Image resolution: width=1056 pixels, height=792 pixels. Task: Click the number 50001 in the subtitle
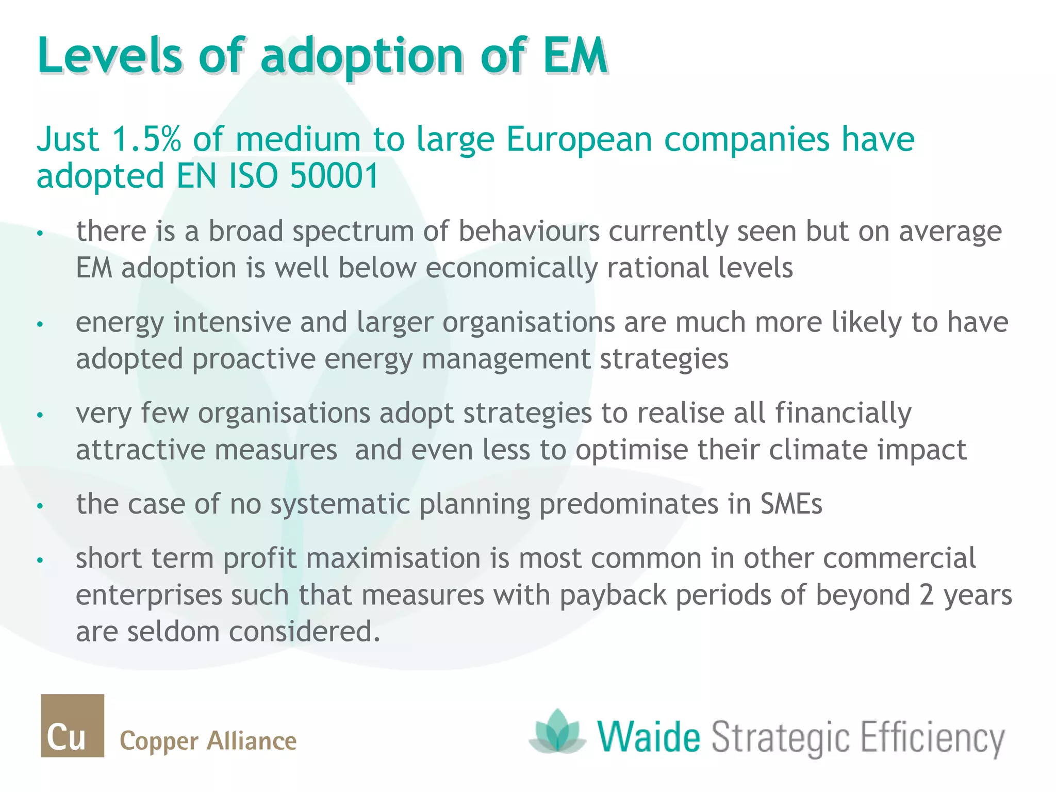click(335, 176)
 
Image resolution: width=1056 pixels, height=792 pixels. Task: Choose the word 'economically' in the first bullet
click(511, 268)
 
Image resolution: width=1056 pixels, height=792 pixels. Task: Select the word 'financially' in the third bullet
click(843, 414)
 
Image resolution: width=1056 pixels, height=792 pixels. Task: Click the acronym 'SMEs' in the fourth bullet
click(791, 504)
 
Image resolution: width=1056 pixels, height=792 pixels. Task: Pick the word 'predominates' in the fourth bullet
click(629, 504)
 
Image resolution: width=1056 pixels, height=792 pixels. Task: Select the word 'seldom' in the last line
click(173, 632)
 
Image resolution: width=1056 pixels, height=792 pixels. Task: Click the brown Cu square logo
click(73, 725)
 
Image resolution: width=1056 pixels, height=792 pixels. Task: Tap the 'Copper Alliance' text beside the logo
click(208, 741)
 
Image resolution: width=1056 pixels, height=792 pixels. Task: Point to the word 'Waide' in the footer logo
click(649, 736)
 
